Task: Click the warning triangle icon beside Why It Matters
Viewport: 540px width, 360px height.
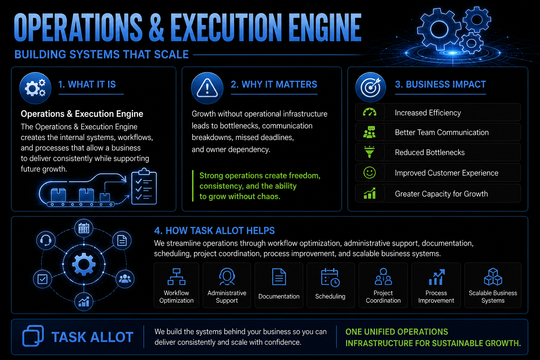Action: tap(207, 88)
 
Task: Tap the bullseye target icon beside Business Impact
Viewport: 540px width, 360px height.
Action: tap(371, 87)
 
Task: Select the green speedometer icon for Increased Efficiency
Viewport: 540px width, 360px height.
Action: tap(369, 112)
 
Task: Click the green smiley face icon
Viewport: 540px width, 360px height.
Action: tap(369, 173)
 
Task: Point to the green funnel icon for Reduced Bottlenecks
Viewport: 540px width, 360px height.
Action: tap(369, 152)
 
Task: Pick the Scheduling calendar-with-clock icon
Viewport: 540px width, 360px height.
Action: tap(330, 277)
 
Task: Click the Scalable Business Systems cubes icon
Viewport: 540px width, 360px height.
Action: tap(493, 277)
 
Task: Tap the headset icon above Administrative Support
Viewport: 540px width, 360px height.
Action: tap(227, 277)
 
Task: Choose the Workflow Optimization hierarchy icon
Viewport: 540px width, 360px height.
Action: tap(176, 277)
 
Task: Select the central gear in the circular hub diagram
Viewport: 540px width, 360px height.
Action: tap(84, 264)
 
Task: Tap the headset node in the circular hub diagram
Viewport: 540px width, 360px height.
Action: tap(46, 240)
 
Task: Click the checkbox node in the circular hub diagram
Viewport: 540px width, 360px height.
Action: tap(43, 279)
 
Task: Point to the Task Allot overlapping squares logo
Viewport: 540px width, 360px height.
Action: tap(33, 336)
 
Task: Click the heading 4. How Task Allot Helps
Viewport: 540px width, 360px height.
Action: tap(214, 231)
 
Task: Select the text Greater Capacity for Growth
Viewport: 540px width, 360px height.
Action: tap(441, 194)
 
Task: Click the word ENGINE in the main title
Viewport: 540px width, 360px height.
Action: tap(325, 27)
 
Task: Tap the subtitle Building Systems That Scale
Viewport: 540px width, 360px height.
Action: tap(102, 54)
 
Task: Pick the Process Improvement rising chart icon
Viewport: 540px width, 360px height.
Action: tap(436, 277)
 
